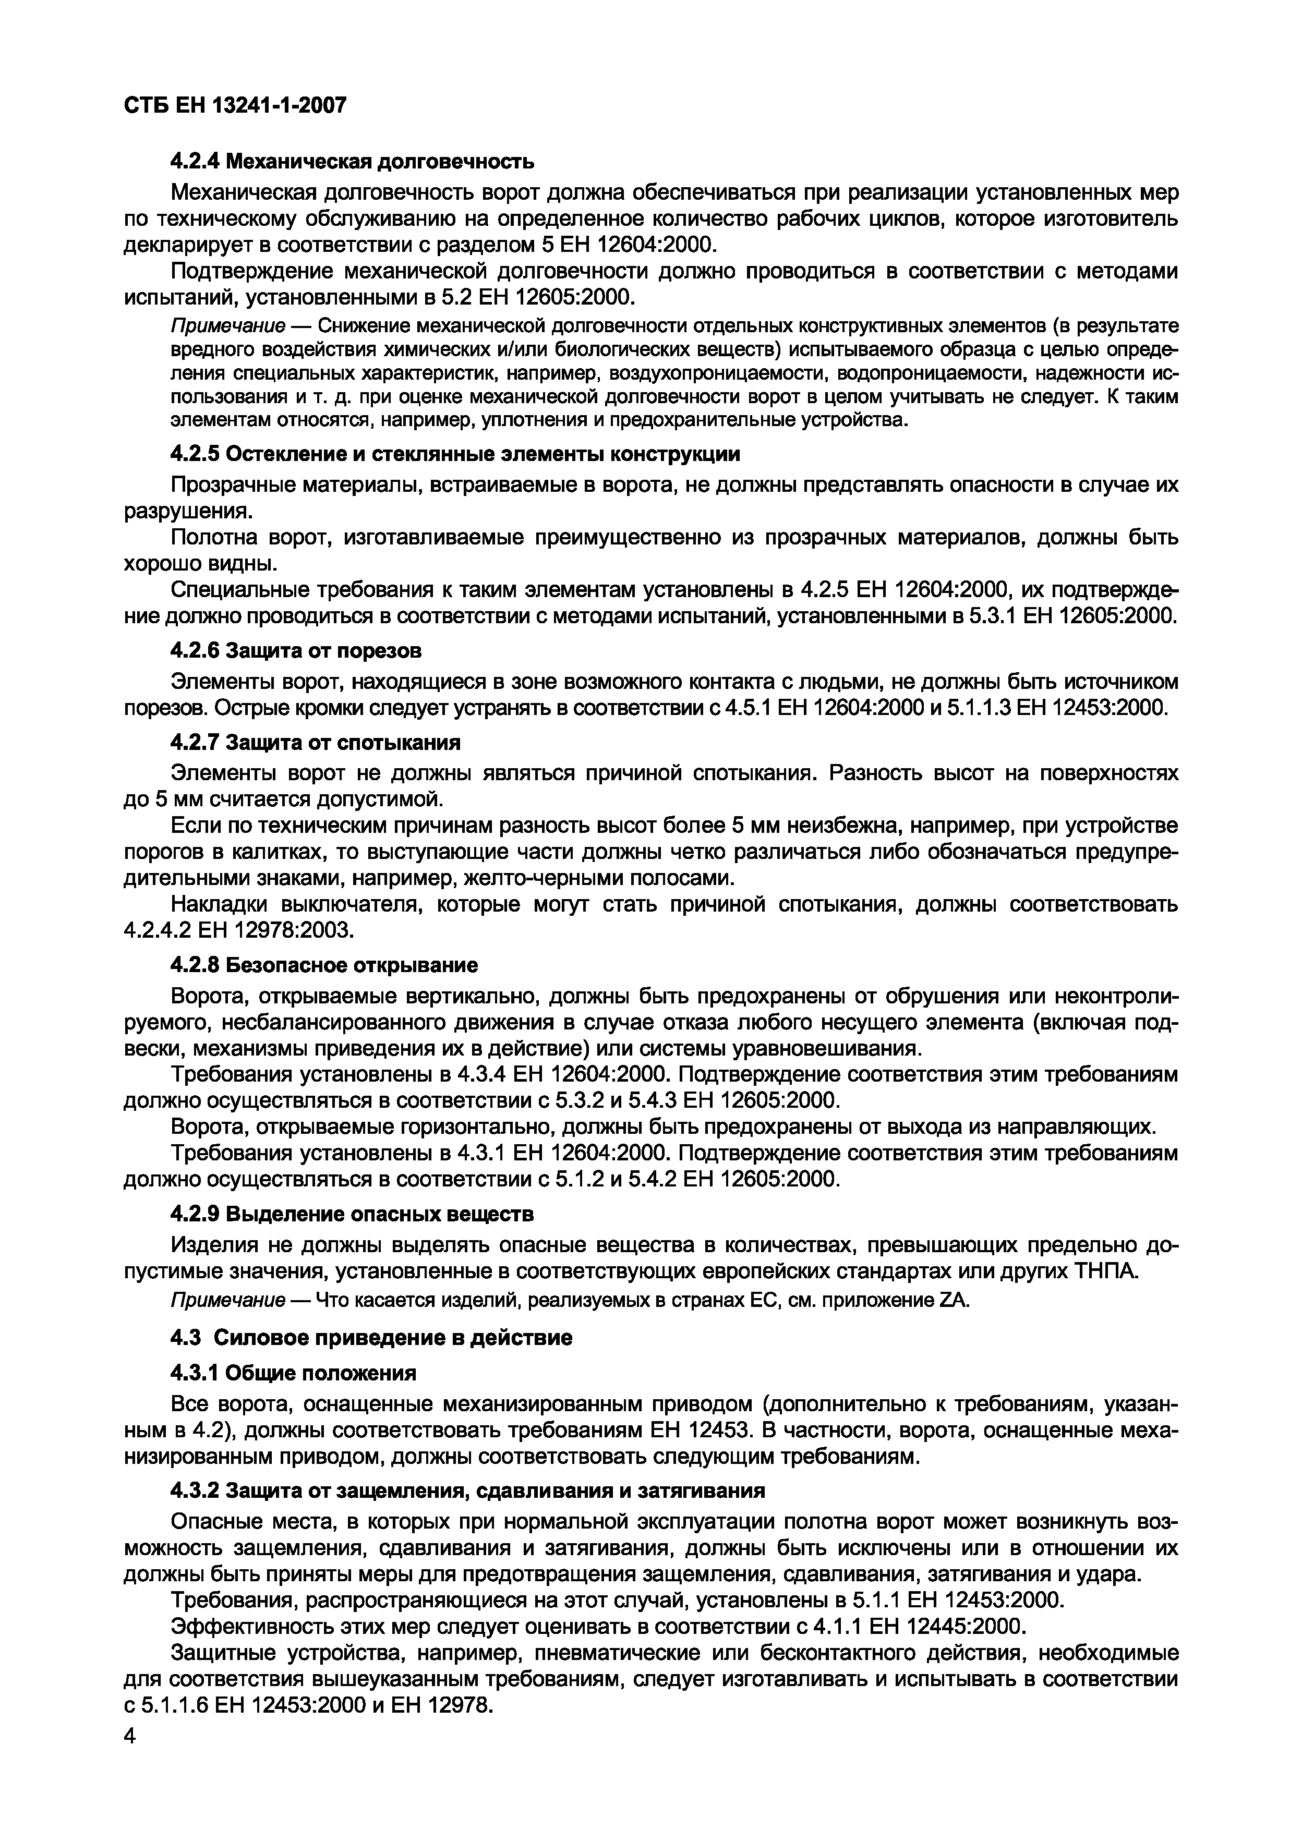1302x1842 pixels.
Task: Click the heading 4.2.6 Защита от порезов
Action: [296, 649]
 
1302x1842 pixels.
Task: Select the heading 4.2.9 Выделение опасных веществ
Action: [352, 1214]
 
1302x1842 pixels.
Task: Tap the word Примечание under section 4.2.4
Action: [228, 326]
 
